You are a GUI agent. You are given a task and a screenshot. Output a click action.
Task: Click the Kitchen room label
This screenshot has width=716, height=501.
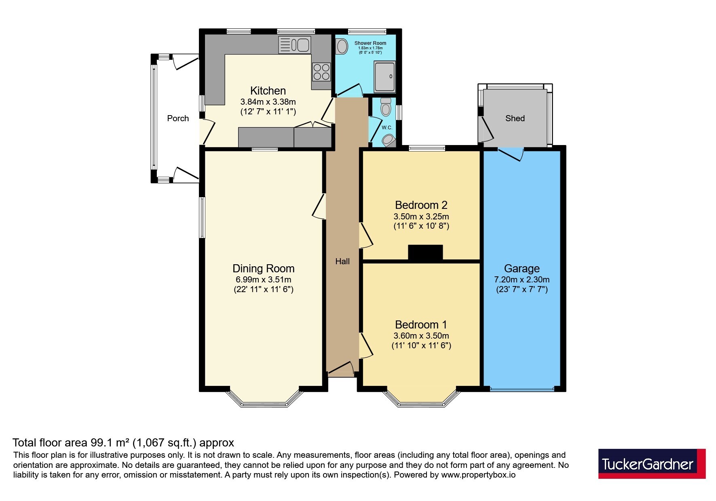[x=268, y=91]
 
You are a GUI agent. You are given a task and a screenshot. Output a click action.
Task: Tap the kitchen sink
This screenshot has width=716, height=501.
[x=294, y=45]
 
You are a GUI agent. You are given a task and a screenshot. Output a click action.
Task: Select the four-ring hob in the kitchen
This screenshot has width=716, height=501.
[x=321, y=72]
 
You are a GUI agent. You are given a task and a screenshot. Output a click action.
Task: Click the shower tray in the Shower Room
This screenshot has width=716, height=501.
[x=384, y=77]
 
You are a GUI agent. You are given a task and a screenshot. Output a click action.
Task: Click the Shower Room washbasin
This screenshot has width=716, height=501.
[x=342, y=46]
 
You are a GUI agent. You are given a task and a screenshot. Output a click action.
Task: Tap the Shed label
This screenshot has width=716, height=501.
[x=515, y=118]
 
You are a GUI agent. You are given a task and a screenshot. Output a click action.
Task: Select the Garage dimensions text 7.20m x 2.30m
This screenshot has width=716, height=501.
[x=522, y=280]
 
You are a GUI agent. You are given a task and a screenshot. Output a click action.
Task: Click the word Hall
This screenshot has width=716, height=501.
[x=342, y=261]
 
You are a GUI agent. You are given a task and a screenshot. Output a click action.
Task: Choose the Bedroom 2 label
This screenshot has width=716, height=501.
[x=421, y=205]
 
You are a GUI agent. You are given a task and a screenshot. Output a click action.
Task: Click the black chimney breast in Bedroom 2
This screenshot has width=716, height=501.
[x=425, y=253]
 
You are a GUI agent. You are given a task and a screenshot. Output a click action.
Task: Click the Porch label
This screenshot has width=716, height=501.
[x=178, y=118]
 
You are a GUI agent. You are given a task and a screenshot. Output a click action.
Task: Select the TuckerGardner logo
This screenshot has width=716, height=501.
[x=652, y=463]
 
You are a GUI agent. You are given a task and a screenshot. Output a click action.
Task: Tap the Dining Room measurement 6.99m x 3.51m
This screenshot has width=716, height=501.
[x=264, y=280]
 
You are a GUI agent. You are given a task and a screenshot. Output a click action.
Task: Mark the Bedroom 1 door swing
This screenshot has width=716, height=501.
[x=366, y=345]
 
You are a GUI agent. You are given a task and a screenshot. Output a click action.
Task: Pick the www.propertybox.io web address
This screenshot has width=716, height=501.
[x=478, y=475]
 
